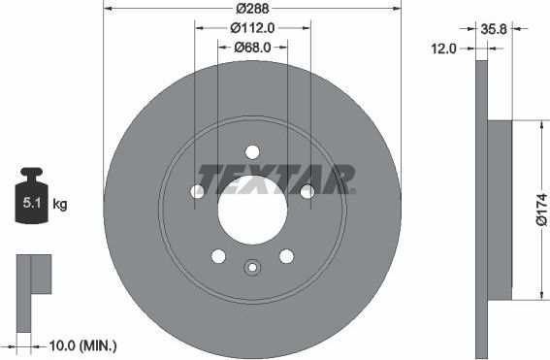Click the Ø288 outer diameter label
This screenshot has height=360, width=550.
252,8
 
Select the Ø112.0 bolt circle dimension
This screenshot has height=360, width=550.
252,27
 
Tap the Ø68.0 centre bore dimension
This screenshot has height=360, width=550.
252,48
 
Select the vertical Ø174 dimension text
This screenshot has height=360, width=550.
541,210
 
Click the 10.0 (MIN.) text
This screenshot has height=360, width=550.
84,344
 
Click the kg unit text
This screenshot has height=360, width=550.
60,204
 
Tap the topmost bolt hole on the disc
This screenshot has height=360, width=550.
252,151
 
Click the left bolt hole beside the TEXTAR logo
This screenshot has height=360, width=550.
197,191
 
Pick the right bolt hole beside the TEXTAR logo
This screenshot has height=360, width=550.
307,191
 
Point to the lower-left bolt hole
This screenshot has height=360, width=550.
218,256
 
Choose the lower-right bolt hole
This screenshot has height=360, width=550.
286,256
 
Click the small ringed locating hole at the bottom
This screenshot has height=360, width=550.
252,269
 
